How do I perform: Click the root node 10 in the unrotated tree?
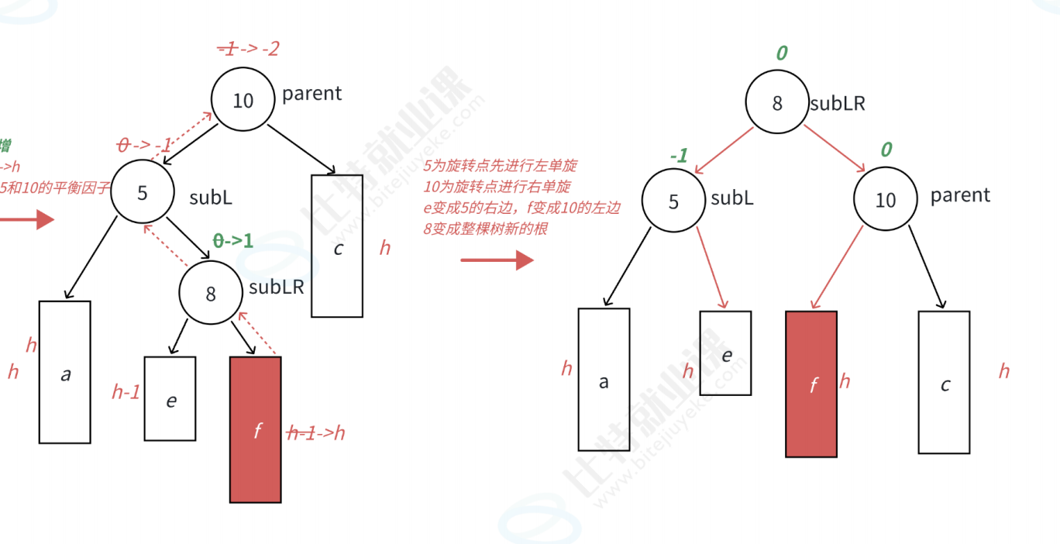pos(243,99)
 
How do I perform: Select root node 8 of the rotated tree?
pos(777,103)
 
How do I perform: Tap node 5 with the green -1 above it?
pos(673,201)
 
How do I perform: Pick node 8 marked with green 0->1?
pos(211,293)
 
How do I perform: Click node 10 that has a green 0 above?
pos(885,199)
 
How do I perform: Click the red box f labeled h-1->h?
pos(256,429)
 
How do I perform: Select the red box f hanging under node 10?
pos(811,384)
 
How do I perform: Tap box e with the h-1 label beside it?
pos(170,398)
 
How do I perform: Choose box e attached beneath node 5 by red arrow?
pos(725,353)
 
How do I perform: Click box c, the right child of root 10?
pos(337,246)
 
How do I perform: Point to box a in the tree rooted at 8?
pos(604,379)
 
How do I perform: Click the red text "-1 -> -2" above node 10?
pos(248,49)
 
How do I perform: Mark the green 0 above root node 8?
pos(781,53)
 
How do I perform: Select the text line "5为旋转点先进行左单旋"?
pos(500,166)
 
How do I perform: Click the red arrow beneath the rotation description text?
pos(497,260)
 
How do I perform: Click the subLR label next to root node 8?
pos(838,103)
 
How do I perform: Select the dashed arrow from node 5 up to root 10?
pos(184,137)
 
